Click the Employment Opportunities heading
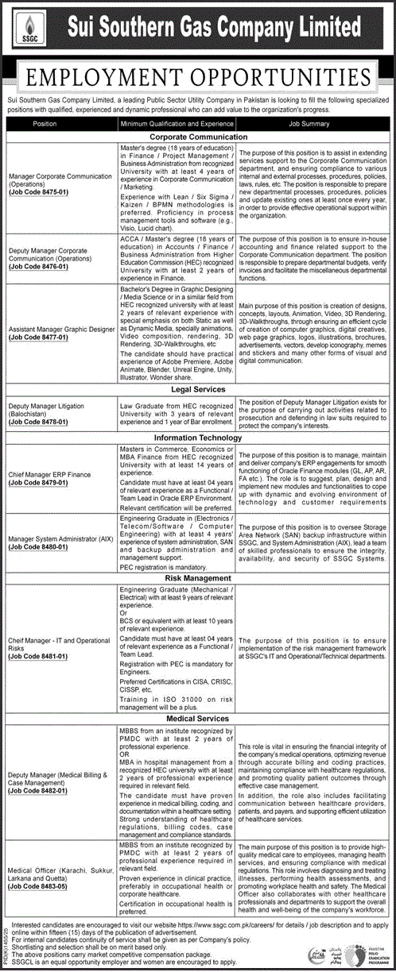coord(198,77)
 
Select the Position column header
coord(45,124)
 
